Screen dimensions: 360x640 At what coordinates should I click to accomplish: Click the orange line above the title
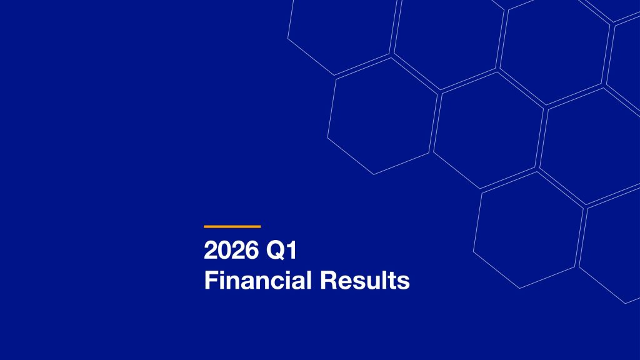[x=232, y=226]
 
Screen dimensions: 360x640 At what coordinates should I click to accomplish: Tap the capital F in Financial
[x=209, y=281]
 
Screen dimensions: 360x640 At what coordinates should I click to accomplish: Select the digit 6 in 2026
[x=249, y=251]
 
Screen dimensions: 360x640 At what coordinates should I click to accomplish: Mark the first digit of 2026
[x=210, y=251]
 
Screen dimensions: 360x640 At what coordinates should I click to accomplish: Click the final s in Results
[x=404, y=281]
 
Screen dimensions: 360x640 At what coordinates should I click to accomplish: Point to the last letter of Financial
[x=309, y=281]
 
